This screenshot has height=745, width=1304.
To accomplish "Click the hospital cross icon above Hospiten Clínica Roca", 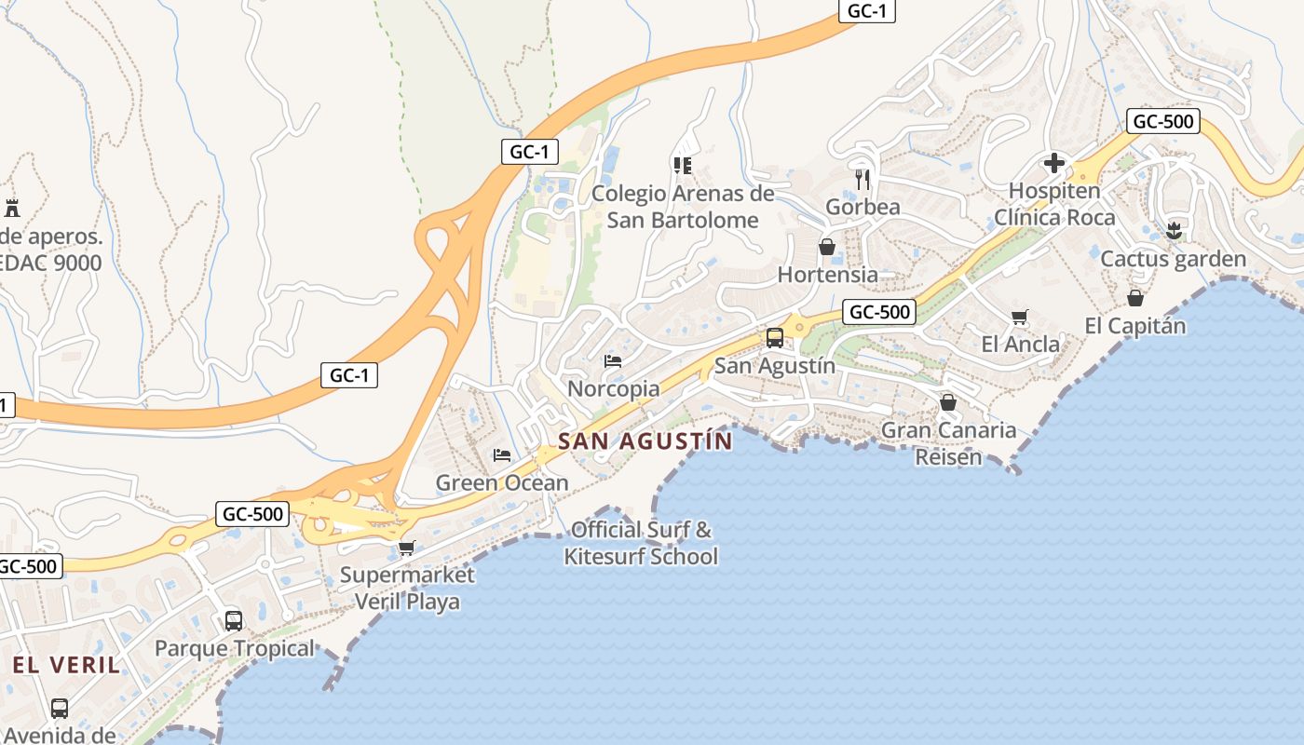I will [1053, 164].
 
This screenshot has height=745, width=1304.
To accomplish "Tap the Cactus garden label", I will [1173, 259].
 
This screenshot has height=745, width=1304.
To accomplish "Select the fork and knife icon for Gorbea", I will [863, 179].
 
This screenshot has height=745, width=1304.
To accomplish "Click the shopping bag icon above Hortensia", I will [826, 247].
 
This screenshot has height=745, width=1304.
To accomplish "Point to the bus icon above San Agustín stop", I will [774, 338].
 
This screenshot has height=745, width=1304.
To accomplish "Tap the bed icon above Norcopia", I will [612, 361].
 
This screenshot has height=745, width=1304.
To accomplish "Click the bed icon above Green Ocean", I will [502, 455].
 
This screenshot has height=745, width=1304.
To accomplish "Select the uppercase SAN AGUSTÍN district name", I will [645, 440].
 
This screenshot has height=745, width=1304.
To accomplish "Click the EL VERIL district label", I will [67, 665].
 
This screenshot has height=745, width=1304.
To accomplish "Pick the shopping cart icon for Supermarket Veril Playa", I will [405, 548].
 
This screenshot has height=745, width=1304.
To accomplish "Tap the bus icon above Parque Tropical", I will [234, 620].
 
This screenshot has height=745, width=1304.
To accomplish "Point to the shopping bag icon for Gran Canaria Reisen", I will [947, 402].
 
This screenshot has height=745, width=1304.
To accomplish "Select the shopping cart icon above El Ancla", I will [1020, 317].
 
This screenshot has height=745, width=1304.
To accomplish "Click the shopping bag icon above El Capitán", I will [1134, 298].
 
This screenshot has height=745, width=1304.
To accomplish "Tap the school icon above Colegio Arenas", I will [683, 166].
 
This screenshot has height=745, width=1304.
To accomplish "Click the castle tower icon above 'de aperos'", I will [12, 208].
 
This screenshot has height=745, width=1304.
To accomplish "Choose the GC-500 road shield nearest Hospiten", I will [1161, 121].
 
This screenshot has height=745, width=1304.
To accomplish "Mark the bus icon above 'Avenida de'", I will [60, 708].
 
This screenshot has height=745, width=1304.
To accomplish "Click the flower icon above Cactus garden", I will [1173, 230].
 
